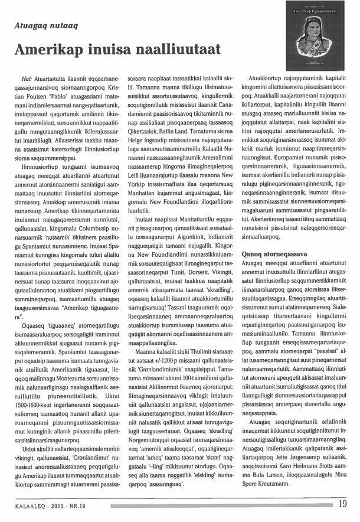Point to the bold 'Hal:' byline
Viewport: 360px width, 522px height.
coord(27,78)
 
